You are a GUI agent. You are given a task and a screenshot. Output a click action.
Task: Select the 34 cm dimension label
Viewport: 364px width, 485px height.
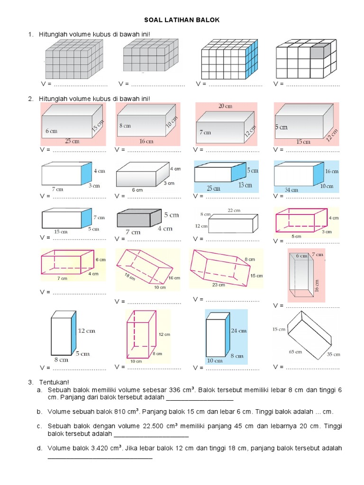pyautogui.click(x=291, y=190)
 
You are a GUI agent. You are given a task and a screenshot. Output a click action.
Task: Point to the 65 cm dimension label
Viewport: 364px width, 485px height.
pyautogui.click(x=296, y=351)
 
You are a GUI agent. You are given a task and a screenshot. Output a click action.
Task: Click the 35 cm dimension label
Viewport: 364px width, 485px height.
pyautogui.click(x=334, y=354)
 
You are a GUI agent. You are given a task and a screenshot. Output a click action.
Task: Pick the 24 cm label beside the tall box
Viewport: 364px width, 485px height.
pyautogui.click(x=237, y=331)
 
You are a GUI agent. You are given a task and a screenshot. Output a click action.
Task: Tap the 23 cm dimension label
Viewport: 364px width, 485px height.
pyautogui.click(x=219, y=285)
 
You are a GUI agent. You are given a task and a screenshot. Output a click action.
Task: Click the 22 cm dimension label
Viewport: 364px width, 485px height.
pyautogui.click(x=234, y=210)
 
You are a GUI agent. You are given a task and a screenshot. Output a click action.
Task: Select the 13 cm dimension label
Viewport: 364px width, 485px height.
pyautogui.click(x=245, y=185)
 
